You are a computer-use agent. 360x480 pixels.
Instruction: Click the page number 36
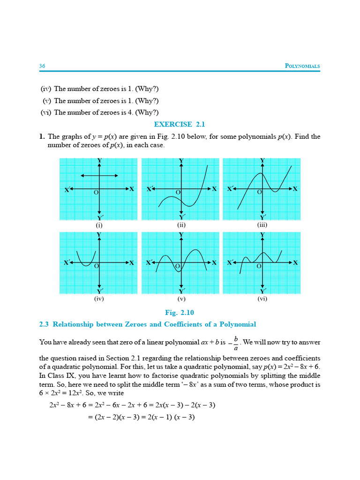point(42,66)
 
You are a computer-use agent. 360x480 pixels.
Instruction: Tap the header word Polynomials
point(302,66)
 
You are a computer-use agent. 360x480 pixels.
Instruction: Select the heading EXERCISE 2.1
point(180,124)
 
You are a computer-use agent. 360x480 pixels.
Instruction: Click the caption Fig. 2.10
point(180,313)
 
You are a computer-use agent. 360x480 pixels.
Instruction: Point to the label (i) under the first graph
point(99,225)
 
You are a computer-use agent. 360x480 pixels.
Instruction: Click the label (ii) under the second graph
point(181,225)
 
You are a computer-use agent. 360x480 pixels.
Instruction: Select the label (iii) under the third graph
point(262,225)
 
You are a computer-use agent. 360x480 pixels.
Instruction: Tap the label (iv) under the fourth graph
point(99,298)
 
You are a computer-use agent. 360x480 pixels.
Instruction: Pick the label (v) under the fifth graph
point(181,298)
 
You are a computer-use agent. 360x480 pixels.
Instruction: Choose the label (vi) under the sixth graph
point(262,298)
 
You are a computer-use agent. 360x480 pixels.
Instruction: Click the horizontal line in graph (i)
point(99,175)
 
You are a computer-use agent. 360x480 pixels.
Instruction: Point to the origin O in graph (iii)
point(259,192)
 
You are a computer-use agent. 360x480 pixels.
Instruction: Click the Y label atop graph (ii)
point(181,161)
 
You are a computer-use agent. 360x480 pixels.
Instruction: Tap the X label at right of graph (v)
point(214,263)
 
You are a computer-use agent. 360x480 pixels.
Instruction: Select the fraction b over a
point(235,343)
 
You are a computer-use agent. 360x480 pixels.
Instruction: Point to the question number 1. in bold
point(42,137)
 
